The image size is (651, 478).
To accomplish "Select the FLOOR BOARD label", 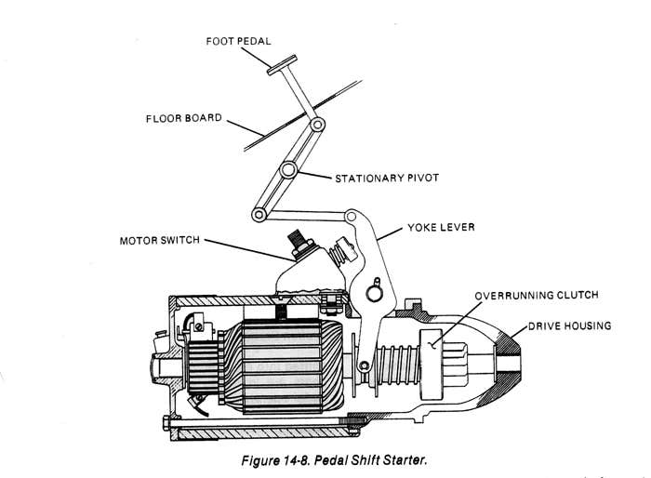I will (x=183, y=118).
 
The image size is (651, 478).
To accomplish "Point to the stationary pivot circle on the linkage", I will (x=289, y=169).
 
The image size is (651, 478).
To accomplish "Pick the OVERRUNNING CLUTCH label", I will (x=537, y=296).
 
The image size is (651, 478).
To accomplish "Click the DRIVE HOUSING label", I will (x=570, y=326).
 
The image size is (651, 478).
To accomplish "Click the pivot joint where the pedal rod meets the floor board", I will (x=318, y=124).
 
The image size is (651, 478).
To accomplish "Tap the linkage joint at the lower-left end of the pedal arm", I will (x=256, y=215).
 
